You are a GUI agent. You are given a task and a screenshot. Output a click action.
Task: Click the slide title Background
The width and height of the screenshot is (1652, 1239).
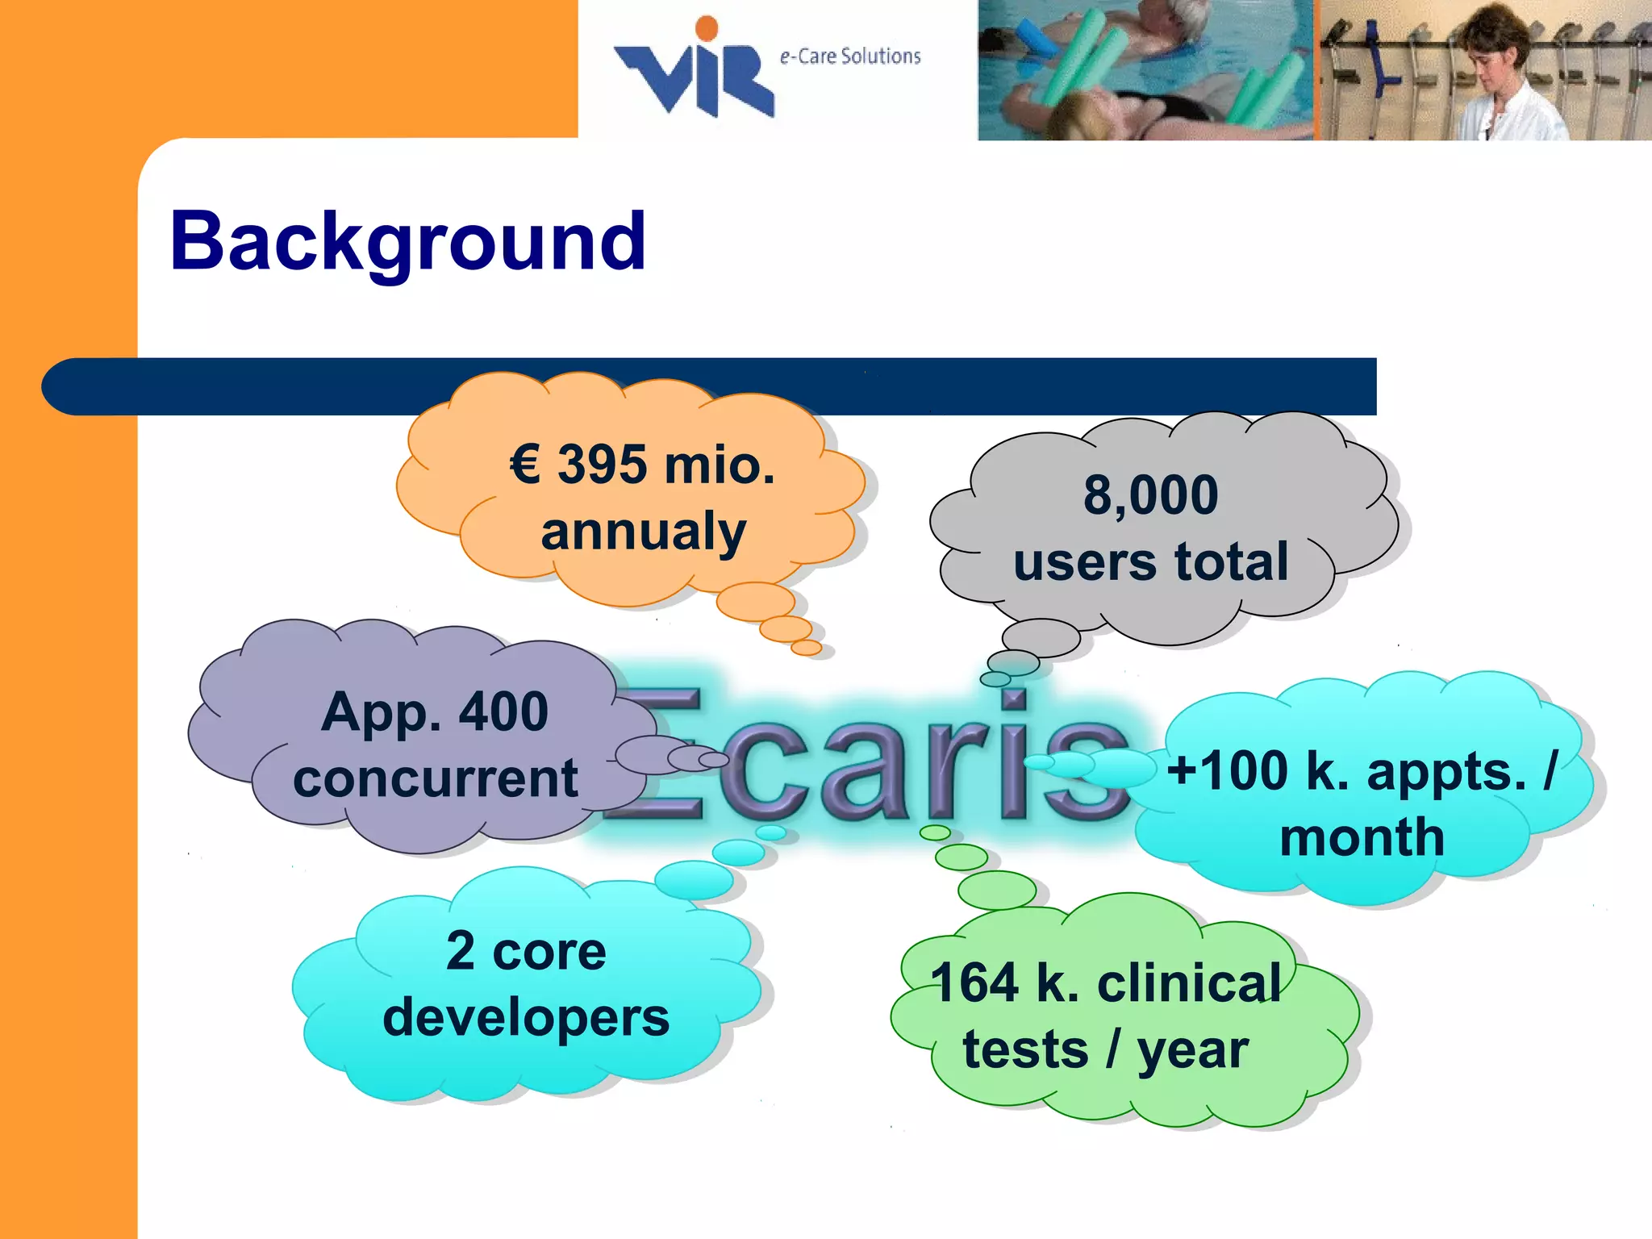coord(407,242)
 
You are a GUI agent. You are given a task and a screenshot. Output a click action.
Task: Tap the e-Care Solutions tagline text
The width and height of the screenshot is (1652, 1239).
coord(849,56)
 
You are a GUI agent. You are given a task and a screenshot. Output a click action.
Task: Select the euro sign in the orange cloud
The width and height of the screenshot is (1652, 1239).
coord(525,465)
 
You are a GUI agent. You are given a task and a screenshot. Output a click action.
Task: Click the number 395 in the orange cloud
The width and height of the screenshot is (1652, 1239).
coord(602,465)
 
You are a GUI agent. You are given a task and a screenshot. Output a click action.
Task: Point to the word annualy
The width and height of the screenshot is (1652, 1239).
coord(643,532)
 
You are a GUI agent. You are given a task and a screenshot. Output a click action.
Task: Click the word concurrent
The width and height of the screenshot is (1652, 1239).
coord(436,778)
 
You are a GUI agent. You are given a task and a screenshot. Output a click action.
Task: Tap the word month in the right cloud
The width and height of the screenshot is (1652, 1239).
coord(1362,837)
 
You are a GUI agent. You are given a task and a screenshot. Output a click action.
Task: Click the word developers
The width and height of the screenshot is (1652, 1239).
coord(526,1017)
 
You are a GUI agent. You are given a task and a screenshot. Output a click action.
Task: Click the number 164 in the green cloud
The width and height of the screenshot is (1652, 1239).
coord(974,983)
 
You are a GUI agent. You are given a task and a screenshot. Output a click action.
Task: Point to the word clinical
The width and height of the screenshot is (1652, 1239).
coord(1189,983)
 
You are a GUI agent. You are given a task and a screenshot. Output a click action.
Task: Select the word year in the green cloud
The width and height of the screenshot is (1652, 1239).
coord(1192,1050)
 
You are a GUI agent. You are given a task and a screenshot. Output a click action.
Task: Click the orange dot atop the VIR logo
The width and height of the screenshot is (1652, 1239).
coord(707,28)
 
